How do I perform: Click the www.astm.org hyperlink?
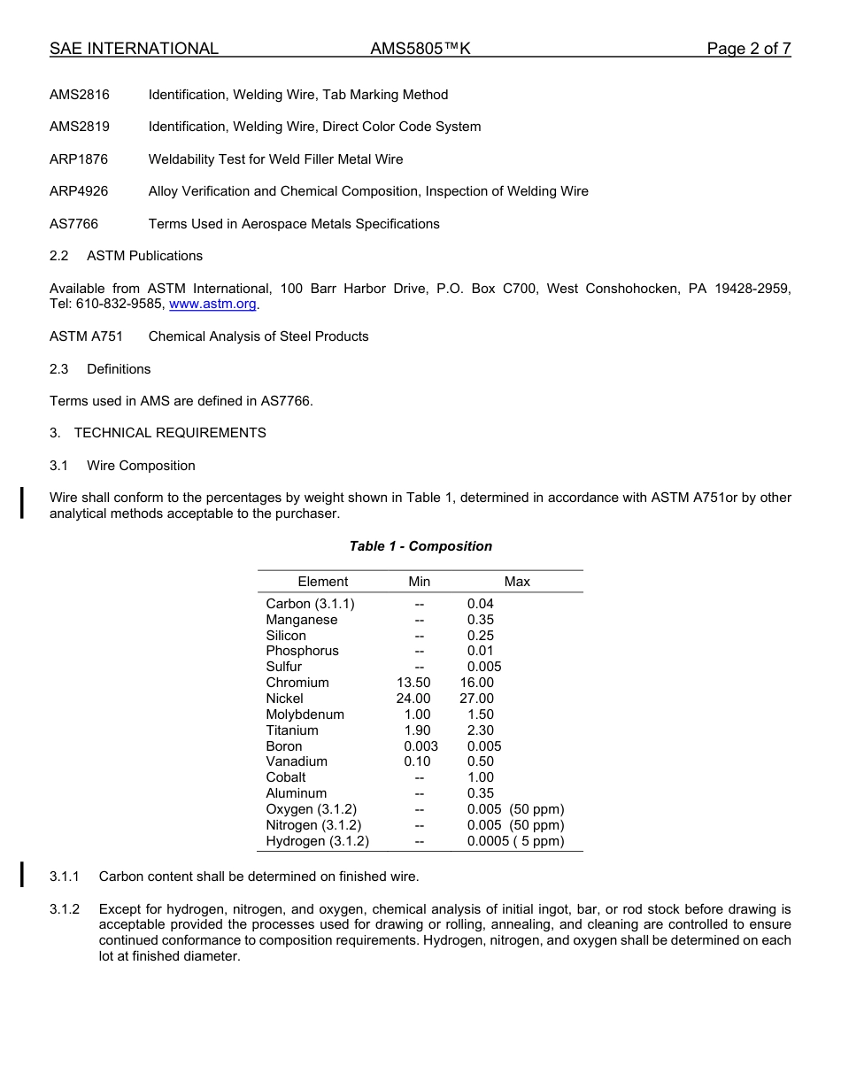coord(212,305)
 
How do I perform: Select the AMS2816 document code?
coord(80,95)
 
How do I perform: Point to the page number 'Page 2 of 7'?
coord(748,49)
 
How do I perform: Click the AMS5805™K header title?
coord(420,49)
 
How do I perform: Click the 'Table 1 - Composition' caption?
coord(420,546)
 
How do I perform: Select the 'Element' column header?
coord(323,582)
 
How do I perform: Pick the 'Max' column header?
coord(517,582)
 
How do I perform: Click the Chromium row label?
coord(297,683)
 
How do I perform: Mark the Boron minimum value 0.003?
coord(420,746)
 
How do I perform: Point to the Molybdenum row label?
coord(305,714)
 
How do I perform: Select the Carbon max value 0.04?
coord(481,604)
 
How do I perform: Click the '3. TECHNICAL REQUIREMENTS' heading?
coord(158,433)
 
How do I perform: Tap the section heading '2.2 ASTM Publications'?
coord(127,256)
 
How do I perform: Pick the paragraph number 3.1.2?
coord(65,909)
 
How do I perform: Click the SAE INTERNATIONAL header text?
coord(134,49)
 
